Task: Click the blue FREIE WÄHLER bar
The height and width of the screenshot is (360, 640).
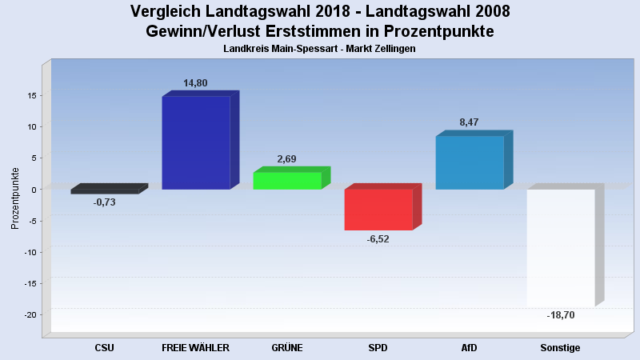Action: [x=196, y=142]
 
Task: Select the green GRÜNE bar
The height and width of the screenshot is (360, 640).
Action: [x=287, y=181]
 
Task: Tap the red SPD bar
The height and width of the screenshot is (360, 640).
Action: [x=378, y=209]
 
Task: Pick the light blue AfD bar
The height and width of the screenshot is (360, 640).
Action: [x=470, y=162]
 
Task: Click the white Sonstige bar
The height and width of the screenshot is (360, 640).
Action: [x=560, y=247]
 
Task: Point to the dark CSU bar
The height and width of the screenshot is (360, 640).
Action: [x=105, y=191]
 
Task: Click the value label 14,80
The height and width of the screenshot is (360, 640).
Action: [x=196, y=82]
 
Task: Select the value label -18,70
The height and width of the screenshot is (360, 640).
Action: [x=560, y=315]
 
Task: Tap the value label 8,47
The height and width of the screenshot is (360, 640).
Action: [x=469, y=122]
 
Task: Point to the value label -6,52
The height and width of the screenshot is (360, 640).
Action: [x=378, y=239]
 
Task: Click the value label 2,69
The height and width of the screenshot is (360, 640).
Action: [x=286, y=159]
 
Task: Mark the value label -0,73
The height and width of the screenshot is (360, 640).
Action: [x=104, y=202]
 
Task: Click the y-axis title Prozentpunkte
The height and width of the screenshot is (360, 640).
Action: [x=15, y=197]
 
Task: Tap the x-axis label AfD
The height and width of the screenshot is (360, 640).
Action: [x=470, y=348]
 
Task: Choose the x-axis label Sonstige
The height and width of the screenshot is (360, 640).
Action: [x=560, y=348]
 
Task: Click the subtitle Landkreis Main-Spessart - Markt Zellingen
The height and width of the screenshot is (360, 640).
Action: [x=319, y=49]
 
